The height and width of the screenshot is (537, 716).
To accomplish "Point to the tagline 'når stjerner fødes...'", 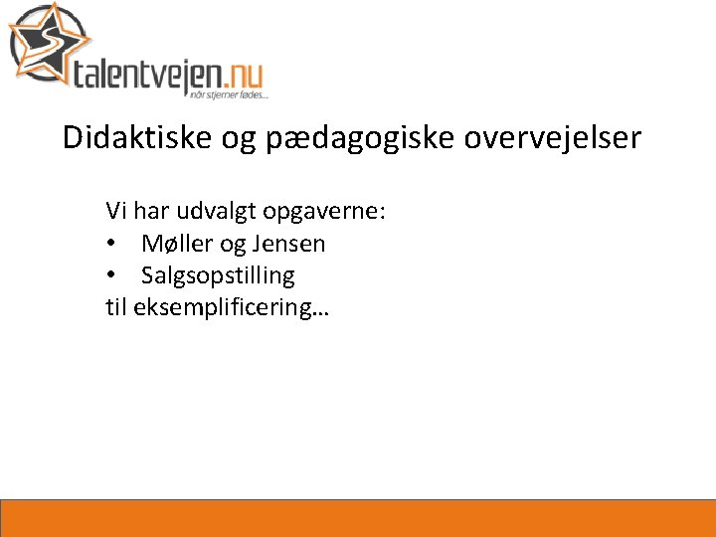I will (228, 93).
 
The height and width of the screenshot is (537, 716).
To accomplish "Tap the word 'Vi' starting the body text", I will (116, 211).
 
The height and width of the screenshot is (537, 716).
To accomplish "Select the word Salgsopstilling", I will (218, 275).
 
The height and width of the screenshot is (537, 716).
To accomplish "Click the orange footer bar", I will (358, 518).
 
